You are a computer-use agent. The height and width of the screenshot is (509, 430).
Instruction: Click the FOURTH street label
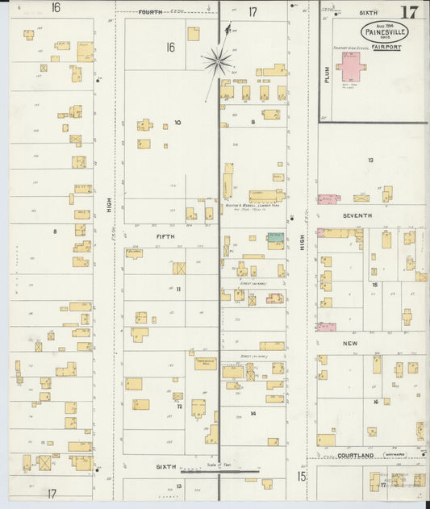click(x=150, y=13)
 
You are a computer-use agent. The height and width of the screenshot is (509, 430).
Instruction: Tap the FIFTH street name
click(x=165, y=236)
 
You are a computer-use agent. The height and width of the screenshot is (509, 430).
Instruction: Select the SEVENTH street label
click(x=357, y=216)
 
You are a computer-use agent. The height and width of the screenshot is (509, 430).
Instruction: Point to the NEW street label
click(x=350, y=344)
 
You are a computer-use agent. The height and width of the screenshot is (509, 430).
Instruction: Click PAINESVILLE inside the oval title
click(x=384, y=32)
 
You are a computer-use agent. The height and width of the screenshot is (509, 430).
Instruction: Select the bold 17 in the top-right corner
click(x=409, y=12)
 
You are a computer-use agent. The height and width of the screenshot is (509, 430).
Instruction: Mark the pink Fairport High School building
click(x=352, y=65)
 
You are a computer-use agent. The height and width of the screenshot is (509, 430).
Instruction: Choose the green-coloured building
click(x=275, y=237)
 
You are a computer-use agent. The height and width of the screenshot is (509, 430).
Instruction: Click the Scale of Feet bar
click(x=219, y=471)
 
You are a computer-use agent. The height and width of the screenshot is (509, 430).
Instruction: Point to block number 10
click(x=177, y=123)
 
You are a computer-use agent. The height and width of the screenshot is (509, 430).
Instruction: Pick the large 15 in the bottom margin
click(x=301, y=477)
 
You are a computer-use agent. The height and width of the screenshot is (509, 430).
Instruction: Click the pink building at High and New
click(x=327, y=327)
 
